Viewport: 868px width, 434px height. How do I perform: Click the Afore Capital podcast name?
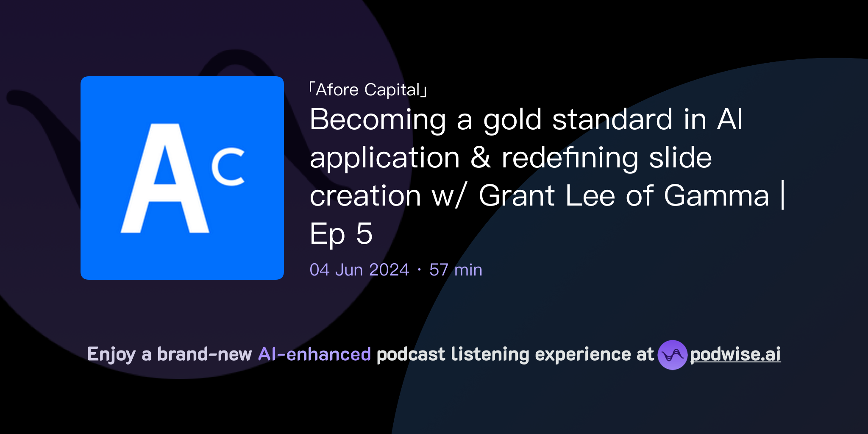368,90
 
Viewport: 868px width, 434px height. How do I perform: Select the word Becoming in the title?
378,120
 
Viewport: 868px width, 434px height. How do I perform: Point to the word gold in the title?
512,120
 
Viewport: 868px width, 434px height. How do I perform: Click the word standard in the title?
612,120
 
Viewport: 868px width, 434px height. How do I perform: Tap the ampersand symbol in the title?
481,158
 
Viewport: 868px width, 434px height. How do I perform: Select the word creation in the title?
365,196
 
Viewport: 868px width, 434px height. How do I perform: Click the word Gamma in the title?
716,196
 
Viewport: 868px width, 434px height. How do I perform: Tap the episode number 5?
364,234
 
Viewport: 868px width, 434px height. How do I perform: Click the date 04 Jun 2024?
359,270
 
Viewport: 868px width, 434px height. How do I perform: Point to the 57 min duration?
456,270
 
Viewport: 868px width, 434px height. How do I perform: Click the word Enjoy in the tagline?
111,354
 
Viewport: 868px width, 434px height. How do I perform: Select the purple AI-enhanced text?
314,354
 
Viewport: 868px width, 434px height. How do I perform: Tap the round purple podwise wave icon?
672,355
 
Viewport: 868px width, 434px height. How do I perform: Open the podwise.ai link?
735,355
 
